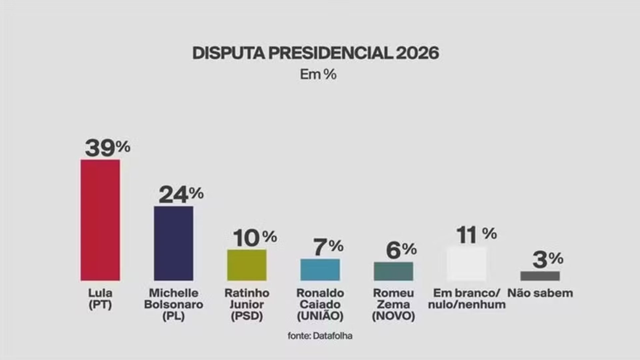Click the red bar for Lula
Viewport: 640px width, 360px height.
[x=100, y=220]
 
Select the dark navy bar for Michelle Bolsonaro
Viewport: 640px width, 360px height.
[x=173, y=243]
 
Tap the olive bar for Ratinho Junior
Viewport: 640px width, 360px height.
[x=247, y=265]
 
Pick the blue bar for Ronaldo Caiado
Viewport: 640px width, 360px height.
[x=320, y=270]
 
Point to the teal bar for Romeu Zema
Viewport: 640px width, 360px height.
[x=393, y=271]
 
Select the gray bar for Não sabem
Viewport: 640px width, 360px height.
[x=540, y=276]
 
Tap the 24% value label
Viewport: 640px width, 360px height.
[x=181, y=194]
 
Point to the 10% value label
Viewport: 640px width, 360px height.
[x=255, y=238]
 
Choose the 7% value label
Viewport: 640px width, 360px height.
[x=328, y=247]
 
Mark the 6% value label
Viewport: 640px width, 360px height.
[x=401, y=250]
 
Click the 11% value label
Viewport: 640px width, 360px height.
[x=476, y=235]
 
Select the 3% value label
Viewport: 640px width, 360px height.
[x=548, y=259]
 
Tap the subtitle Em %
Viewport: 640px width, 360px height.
[x=318, y=74]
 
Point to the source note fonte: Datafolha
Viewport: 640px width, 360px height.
[x=320, y=336]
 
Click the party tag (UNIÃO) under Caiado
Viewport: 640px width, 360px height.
[x=320, y=316]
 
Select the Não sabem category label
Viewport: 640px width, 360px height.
[x=540, y=293]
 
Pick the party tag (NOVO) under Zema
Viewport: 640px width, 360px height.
[x=393, y=316]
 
